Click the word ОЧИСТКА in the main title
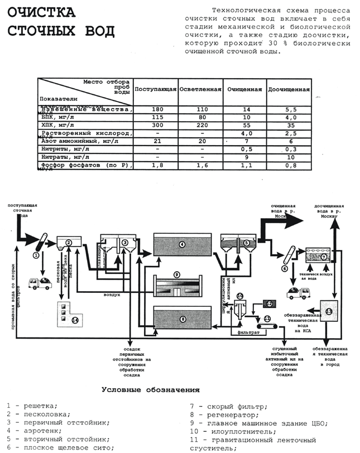(x=40, y=13)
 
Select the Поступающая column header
(x=156, y=89)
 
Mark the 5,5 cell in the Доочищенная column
(x=289, y=110)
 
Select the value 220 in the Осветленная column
(x=200, y=126)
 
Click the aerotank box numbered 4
(x=181, y=245)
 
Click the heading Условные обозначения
(x=150, y=389)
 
